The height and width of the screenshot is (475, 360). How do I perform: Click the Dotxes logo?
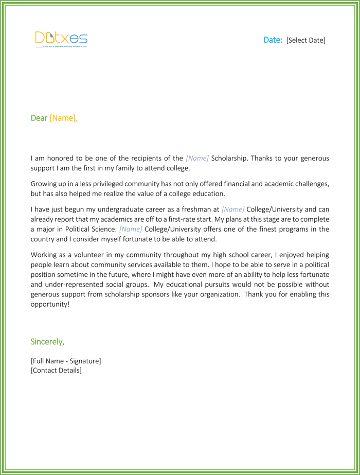pyautogui.click(x=61, y=39)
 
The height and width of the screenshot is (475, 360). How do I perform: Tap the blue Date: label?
pyautogui.click(x=273, y=40)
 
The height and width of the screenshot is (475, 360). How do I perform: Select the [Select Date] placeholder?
pyautogui.click(x=306, y=40)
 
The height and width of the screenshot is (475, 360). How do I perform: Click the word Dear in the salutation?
pyautogui.click(x=39, y=118)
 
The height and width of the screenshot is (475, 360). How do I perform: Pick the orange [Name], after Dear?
pyautogui.click(x=64, y=118)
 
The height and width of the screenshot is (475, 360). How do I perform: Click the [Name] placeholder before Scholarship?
pyautogui.click(x=197, y=158)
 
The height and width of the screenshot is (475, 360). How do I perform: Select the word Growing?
pyautogui.click(x=45, y=184)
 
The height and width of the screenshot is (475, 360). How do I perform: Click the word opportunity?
pyautogui.click(x=50, y=304)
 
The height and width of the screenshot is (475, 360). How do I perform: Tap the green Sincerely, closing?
pyautogui.click(x=48, y=342)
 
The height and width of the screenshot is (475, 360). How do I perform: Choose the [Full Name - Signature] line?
pyautogui.click(x=66, y=361)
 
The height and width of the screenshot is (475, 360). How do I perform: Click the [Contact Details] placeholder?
pyautogui.click(x=56, y=370)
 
